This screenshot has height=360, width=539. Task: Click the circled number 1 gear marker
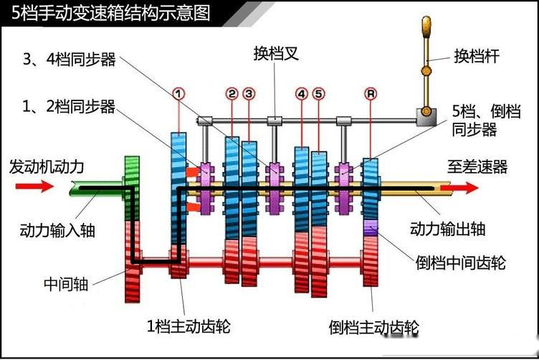pyautogui.click(x=178, y=93)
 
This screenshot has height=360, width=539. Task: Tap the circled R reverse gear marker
pyautogui.click(x=371, y=93)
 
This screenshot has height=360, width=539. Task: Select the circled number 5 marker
pyautogui.click(x=319, y=93)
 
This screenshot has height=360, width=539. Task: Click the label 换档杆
pyautogui.click(x=477, y=56)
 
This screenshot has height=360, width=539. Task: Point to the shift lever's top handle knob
pyautogui.click(x=426, y=27)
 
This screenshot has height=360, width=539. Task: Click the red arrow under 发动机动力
pyautogui.click(x=34, y=186)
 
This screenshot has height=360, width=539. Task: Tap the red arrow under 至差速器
pyautogui.click(x=459, y=188)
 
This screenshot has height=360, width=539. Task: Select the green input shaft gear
pyautogui.click(x=132, y=188)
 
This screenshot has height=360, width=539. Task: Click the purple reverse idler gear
pyautogui.click(x=371, y=227)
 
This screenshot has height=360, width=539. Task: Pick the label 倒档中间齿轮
pyautogui.click(x=460, y=262)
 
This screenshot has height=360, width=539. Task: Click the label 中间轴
pyautogui.click(x=66, y=285)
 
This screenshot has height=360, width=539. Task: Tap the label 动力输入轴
pyautogui.click(x=57, y=230)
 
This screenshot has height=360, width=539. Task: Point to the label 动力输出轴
pyautogui.click(x=447, y=228)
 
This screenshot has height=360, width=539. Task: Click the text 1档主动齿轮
pyautogui.click(x=189, y=326)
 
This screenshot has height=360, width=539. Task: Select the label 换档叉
pyautogui.click(x=276, y=54)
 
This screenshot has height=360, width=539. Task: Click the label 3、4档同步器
pyautogui.click(x=69, y=59)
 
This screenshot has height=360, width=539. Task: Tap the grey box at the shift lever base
pyautogui.click(x=426, y=117)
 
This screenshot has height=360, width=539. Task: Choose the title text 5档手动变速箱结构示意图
pyautogui.click(x=110, y=13)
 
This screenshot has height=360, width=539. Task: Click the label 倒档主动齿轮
pyautogui.click(x=374, y=327)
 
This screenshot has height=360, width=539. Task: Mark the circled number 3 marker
pyautogui.click(x=249, y=93)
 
